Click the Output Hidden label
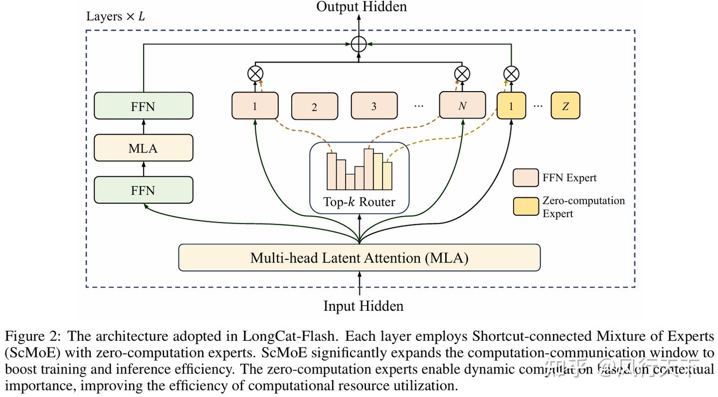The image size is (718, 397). tap(361, 6)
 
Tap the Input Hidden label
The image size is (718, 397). tap(363, 305)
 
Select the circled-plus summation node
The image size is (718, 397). tap(359, 44)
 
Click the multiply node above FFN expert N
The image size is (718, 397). tap(462, 74)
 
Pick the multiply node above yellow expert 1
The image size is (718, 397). tap(511, 74)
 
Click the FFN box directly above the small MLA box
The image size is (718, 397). tap(143, 106)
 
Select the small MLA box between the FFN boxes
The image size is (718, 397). tap(143, 148)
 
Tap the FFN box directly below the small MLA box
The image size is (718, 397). tap(143, 190)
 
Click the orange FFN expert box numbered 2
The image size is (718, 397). tap(314, 107)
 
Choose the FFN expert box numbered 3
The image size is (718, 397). tap(374, 106)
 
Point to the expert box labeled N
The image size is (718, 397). tap(462, 106)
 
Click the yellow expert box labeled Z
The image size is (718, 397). tap(565, 106)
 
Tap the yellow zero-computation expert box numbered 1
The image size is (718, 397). tap(511, 106)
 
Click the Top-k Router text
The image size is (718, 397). tap(359, 202)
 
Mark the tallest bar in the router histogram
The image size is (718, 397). tap(369, 169)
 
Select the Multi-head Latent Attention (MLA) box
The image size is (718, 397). tap(359, 258)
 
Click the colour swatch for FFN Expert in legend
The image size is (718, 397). tap(526, 178)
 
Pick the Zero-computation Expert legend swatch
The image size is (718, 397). tap(526, 207)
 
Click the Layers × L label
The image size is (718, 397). tap(116, 16)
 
